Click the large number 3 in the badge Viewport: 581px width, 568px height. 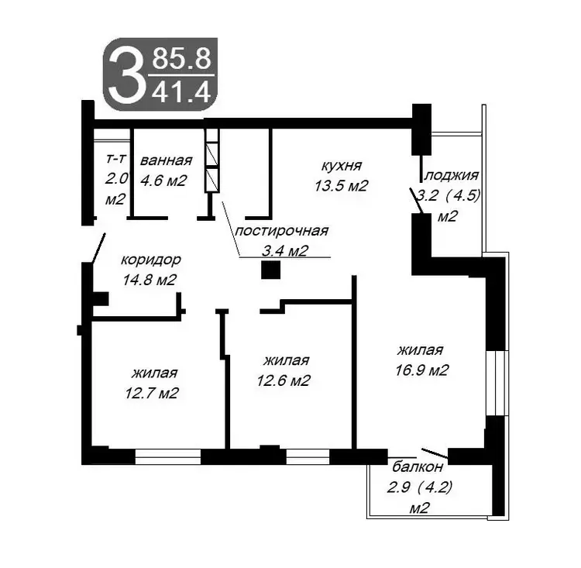(x=125, y=75)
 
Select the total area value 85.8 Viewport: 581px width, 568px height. (x=181, y=59)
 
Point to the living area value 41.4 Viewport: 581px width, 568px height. (x=181, y=92)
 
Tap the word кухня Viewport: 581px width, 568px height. (x=342, y=166)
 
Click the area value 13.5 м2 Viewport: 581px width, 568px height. (x=341, y=185)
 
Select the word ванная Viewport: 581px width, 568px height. (x=166, y=160)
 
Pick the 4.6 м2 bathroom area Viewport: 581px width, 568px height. (x=163, y=181)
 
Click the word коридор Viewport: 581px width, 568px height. (x=151, y=260)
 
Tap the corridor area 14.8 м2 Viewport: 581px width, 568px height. (x=150, y=280)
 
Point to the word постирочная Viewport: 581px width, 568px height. (x=282, y=232)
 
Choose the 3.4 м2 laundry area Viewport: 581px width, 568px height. (x=285, y=251)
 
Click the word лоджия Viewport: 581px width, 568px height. (x=452, y=175)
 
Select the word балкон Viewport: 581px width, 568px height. (x=418, y=466)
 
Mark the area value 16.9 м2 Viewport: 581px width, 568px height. (x=422, y=370)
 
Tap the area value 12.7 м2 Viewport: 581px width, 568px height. (x=152, y=393)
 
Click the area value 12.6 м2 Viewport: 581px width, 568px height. (x=284, y=380)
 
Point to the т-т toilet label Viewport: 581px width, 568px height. (x=116, y=159)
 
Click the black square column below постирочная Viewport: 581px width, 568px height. (x=270, y=270)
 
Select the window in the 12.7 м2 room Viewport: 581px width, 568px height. (x=168, y=456)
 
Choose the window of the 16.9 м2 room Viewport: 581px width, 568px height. (x=496, y=383)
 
